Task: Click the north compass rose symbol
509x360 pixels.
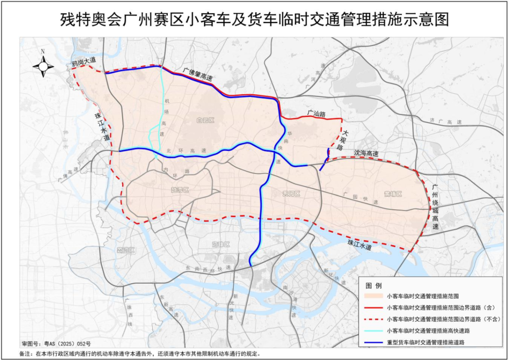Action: pos(43,66)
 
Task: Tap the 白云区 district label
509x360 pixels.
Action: pos(205,121)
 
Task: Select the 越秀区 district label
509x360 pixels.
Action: pos(180,190)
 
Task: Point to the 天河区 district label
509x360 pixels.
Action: pos(291,194)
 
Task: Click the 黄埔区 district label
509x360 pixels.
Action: pos(393,194)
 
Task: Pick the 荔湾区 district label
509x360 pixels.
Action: pos(126,250)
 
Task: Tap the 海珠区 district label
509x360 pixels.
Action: pos(220,245)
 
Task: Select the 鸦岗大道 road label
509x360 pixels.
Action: pos(83,61)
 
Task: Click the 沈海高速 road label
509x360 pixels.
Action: pos(366,154)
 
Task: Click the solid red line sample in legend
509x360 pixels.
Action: pos(374,308)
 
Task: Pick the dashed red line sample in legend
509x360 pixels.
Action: pos(374,319)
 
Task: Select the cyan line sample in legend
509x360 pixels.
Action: pos(374,331)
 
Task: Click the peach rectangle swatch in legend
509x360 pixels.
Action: pos(374,296)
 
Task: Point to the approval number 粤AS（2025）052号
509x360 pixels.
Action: pos(56,344)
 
